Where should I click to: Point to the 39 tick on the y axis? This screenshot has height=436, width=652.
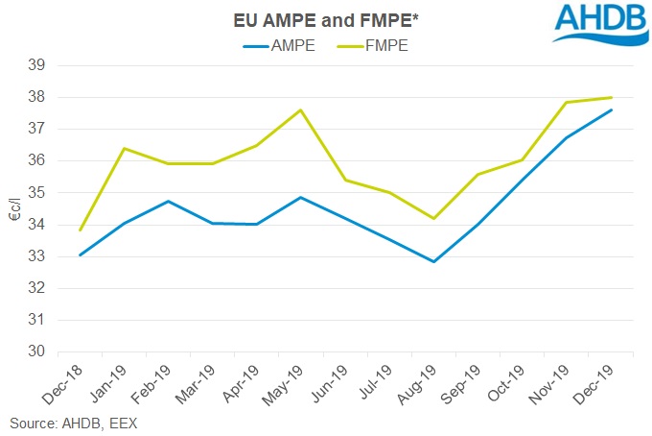pos(45,65)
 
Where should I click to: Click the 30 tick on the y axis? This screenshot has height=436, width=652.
pos(45,351)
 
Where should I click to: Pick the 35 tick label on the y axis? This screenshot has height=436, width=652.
pos(45,192)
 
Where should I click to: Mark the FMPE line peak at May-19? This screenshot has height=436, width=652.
pos(301,109)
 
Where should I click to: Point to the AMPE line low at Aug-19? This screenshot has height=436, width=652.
pos(434,261)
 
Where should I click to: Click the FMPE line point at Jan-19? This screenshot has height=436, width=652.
pos(124,148)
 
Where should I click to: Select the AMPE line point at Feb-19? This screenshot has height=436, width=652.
pos(169,201)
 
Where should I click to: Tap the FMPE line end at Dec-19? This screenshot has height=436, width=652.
pos(612,97)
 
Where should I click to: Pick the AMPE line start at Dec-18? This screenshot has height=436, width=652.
pos(80,255)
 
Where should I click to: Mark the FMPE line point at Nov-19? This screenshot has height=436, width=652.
pos(567,102)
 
